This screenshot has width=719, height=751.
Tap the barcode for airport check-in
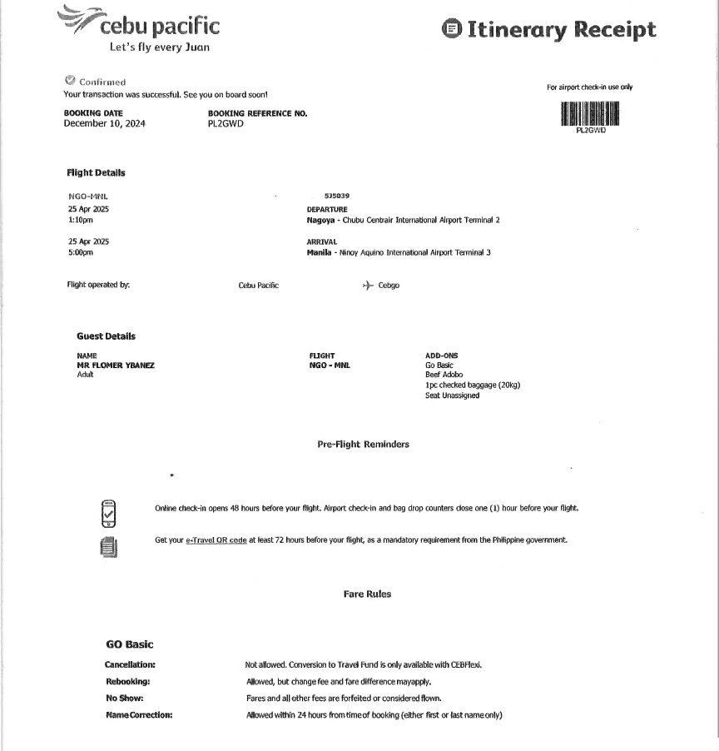point(591,113)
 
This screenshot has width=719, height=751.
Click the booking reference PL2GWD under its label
point(226,124)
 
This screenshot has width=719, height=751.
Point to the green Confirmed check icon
point(70,81)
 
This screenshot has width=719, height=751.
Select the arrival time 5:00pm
point(81,252)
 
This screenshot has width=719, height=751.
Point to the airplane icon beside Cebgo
point(368,285)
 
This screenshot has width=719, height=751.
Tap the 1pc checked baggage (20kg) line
point(474,385)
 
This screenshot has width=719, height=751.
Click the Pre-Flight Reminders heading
point(363,445)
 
